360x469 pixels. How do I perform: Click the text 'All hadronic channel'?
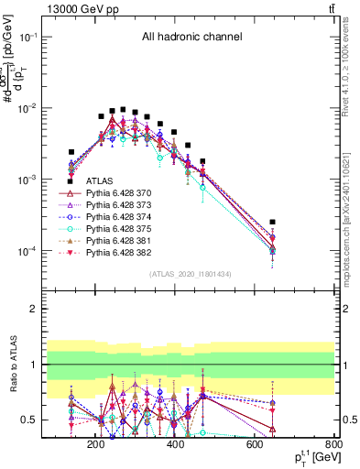tap(191, 38)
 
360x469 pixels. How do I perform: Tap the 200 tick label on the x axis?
tap(94, 446)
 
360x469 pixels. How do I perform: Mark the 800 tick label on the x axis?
tap(334, 446)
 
